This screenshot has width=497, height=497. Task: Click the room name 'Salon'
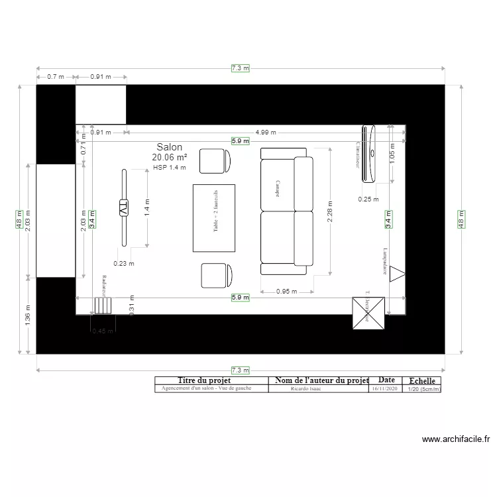pyautogui.click(x=169, y=147)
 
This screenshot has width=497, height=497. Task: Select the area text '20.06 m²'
pyautogui.click(x=169, y=158)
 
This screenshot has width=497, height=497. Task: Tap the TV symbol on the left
pyautogui.click(x=123, y=207)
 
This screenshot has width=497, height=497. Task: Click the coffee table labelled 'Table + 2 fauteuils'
pyautogui.click(x=214, y=218)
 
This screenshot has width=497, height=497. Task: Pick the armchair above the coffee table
pyautogui.click(x=215, y=160)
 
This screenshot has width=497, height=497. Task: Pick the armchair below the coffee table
pyautogui.click(x=215, y=275)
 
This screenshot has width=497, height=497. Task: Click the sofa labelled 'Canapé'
pyautogui.click(x=286, y=212)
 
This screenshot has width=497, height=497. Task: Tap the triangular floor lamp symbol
pyautogui.click(x=397, y=273)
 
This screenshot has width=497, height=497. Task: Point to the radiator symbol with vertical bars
pyautogui.click(x=103, y=305)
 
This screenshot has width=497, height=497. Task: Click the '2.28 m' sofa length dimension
pyautogui.click(x=330, y=211)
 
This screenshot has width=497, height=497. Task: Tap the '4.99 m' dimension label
pyautogui.click(x=266, y=133)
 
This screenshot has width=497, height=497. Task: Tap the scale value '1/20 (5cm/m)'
pyautogui.click(x=423, y=390)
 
